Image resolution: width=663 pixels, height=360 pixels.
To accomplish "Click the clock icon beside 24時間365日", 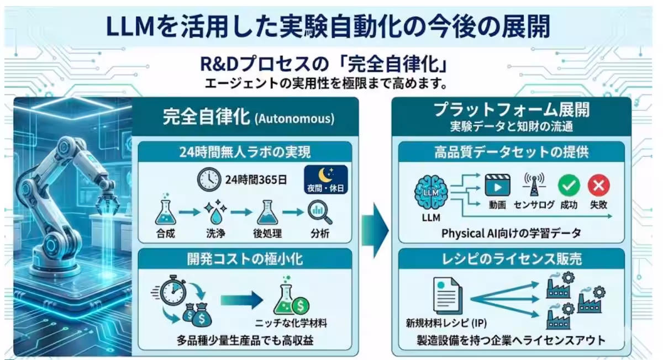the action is pos(209,179).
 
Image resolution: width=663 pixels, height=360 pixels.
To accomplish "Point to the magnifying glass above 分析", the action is pos(320,212).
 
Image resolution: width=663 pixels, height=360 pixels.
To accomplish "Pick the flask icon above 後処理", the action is pos(267,212).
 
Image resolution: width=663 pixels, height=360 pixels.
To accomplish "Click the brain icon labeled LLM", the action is pos(431,193).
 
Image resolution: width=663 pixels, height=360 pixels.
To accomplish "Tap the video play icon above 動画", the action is pos(497,185).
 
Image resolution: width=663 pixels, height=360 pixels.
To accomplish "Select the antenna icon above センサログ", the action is pos(534,184).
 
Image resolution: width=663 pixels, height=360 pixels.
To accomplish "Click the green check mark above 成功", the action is pos(569,185).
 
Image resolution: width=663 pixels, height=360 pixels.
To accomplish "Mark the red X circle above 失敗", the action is pos(599,185).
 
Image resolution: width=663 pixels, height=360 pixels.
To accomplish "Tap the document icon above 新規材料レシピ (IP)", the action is pos(447,295).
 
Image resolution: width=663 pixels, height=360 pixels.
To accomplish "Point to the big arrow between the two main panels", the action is pos(375,230).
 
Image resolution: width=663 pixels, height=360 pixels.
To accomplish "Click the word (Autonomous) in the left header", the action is pos(294,119).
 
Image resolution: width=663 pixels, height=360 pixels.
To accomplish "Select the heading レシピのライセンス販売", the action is pos(512,259).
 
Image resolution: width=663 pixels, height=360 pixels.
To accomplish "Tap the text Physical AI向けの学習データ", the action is pos(511,234).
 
